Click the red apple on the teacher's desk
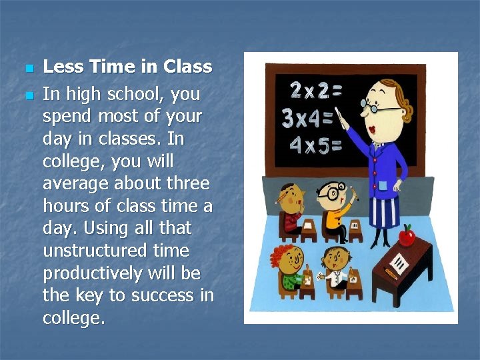coord(407,235)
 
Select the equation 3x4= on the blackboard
coord(307,119)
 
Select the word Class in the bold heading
coord(187,67)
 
